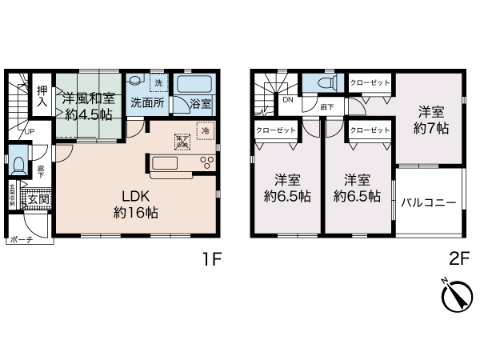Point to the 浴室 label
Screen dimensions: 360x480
(201, 103)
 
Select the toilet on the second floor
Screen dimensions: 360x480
(325, 82)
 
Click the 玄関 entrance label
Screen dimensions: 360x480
(38, 199)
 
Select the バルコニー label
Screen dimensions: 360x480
(429, 202)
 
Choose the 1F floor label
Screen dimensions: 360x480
(210, 260)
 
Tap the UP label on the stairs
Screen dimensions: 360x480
(29, 132)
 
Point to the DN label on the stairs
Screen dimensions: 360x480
(286, 101)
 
